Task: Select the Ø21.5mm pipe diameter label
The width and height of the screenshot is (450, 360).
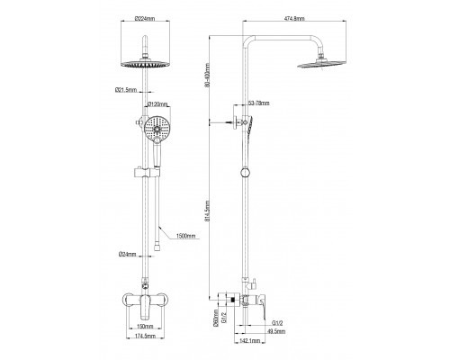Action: [126, 89]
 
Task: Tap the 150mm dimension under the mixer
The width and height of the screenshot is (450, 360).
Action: [144, 328]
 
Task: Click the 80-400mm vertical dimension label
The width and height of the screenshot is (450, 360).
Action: [208, 76]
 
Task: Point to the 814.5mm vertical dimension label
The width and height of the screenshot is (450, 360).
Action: [208, 214]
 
